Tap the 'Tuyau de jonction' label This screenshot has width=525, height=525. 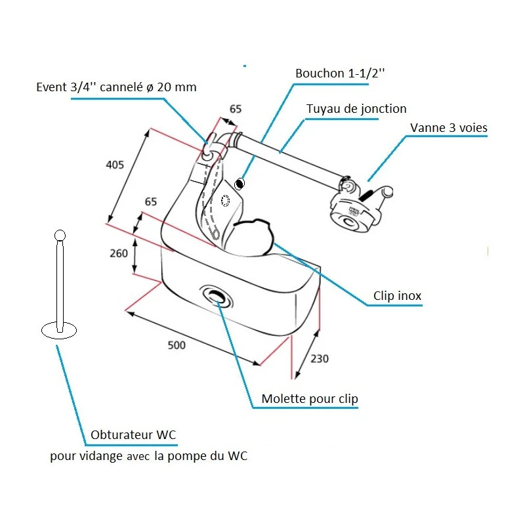tap(356, 109)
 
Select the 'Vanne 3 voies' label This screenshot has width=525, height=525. tap(449, 127)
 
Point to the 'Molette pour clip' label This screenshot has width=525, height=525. tap(310, 399)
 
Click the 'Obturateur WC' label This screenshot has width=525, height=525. tap(134, 435)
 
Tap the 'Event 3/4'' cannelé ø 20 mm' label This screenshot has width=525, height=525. tap(116, 87)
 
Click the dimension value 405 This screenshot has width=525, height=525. tap(115, 165)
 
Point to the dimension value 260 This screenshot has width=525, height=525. tap(118, 254)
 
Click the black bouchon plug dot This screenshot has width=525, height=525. tap(240, 184)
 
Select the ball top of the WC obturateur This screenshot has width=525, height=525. tap(60, 235)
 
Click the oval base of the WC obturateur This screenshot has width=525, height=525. tap(59, 330)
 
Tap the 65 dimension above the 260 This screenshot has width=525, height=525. tap(151, 202)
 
